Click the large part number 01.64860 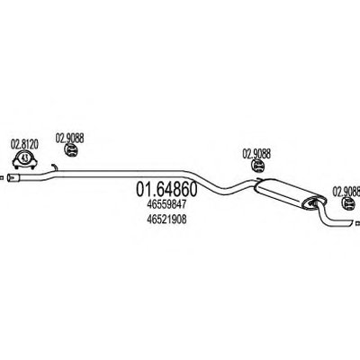tap(166, 189)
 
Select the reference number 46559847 tap(166, 205)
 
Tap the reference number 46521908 tap(166, 220)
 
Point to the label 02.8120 tap(24, 145)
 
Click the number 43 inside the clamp tap(25, 158)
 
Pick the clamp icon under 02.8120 tap(24, 160)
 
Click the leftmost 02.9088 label tap(69, 139)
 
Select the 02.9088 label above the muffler tap(256, 154)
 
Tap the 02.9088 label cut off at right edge tap(346, 192)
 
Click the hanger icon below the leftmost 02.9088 tap(71, 150)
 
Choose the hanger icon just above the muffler tap(257, 166)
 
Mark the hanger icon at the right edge tap(349, 203)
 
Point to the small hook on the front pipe tap(55, 167)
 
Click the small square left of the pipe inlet tap(2, 178)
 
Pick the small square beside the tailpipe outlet tap(357, 223)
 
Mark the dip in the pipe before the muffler tap(228, 187)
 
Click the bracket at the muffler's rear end tap(314, 203)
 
